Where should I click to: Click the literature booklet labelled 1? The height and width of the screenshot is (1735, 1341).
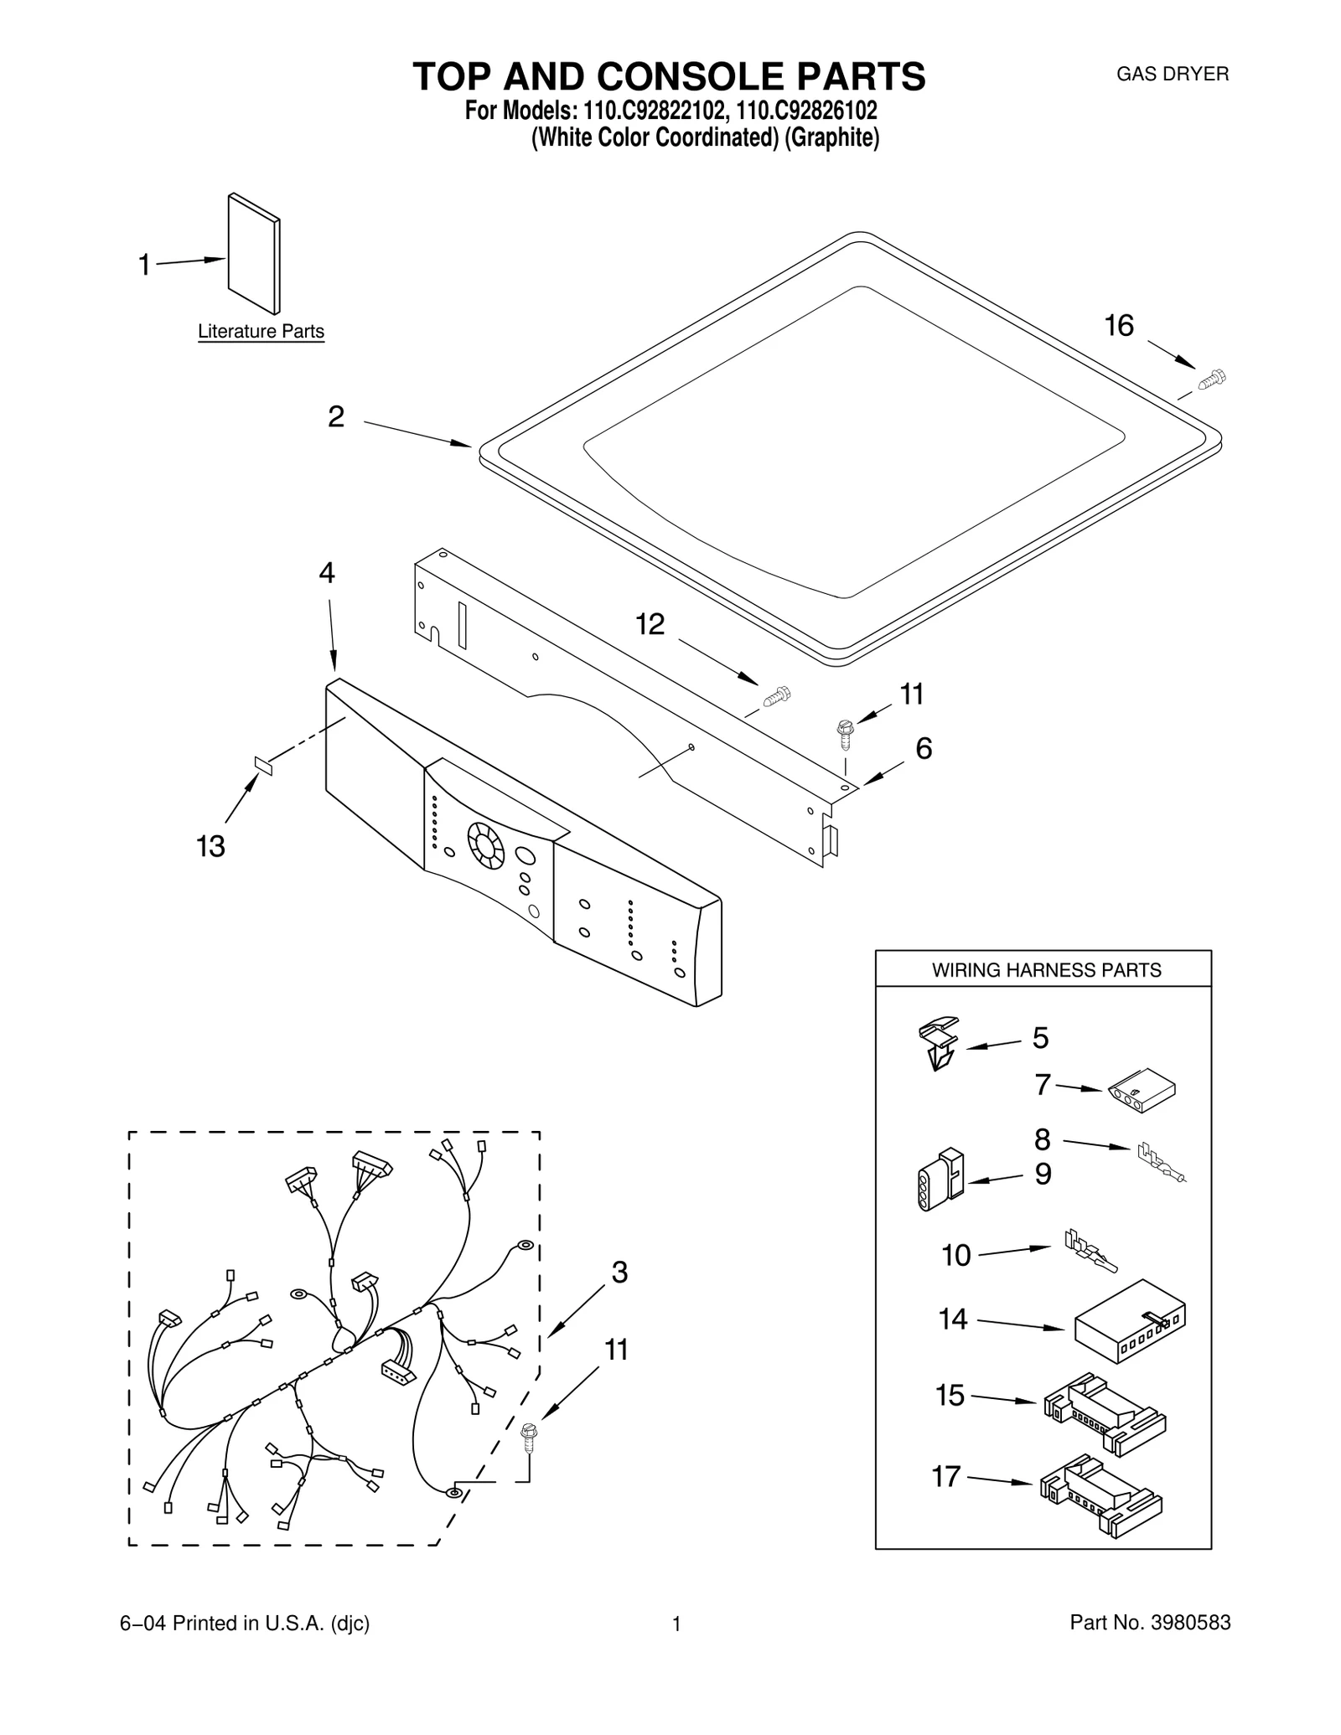tap(254, 254)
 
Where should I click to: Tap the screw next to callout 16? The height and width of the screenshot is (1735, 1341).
tap(1211, 380)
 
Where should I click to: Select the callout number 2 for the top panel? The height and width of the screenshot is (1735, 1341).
tap(335, 416)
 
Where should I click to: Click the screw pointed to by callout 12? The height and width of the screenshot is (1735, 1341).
tap(777, 695)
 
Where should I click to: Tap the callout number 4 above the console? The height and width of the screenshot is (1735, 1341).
tap(327, 573)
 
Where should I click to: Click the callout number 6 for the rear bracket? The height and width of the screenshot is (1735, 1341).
tap(924, 748)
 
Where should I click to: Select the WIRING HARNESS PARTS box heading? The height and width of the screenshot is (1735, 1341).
tap(1046, 970)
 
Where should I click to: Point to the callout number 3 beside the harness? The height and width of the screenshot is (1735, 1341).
tap(619, 1273)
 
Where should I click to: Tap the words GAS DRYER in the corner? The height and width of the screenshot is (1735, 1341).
tap(1172, 74)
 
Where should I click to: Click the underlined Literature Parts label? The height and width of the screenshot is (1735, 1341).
tap(261, 332)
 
